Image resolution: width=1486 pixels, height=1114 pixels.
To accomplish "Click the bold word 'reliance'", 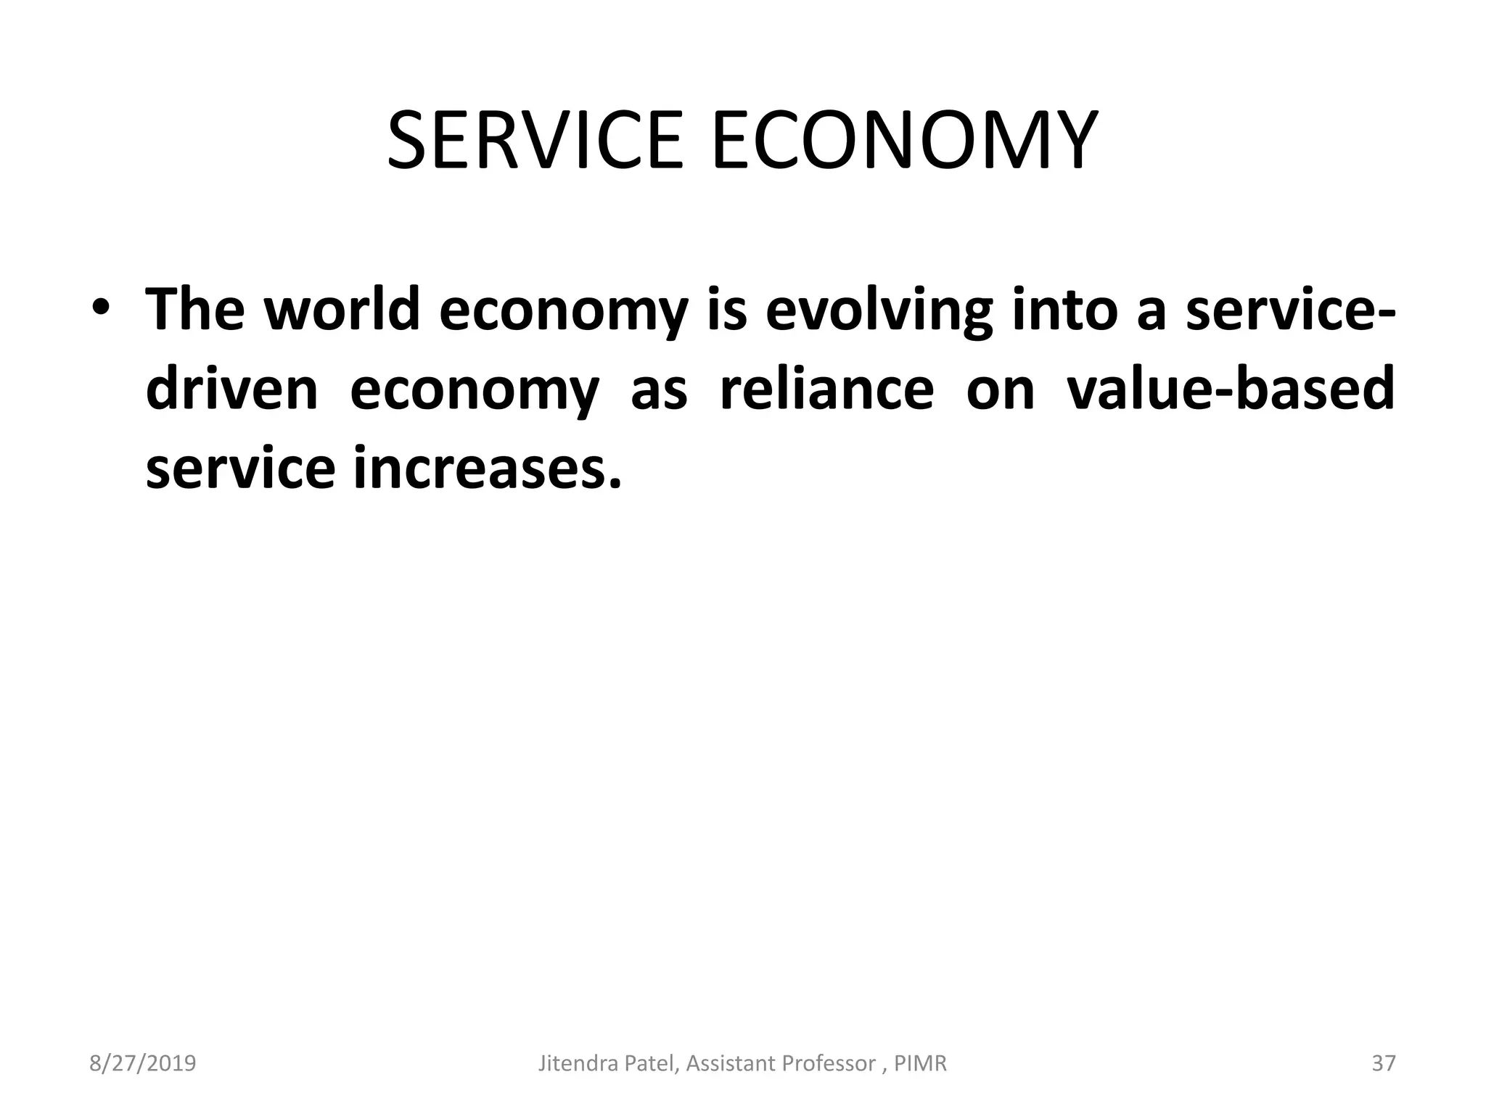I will (826, 389).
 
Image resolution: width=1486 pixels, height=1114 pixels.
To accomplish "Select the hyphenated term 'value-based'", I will (1231, 389).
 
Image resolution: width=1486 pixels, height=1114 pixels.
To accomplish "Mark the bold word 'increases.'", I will (488, 469).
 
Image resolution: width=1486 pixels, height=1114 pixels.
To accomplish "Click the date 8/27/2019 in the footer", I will (143, 1063).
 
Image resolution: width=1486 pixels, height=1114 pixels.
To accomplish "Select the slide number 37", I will (1384, 1063).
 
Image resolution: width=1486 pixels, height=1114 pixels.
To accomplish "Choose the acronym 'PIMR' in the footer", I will (920, 1063).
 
